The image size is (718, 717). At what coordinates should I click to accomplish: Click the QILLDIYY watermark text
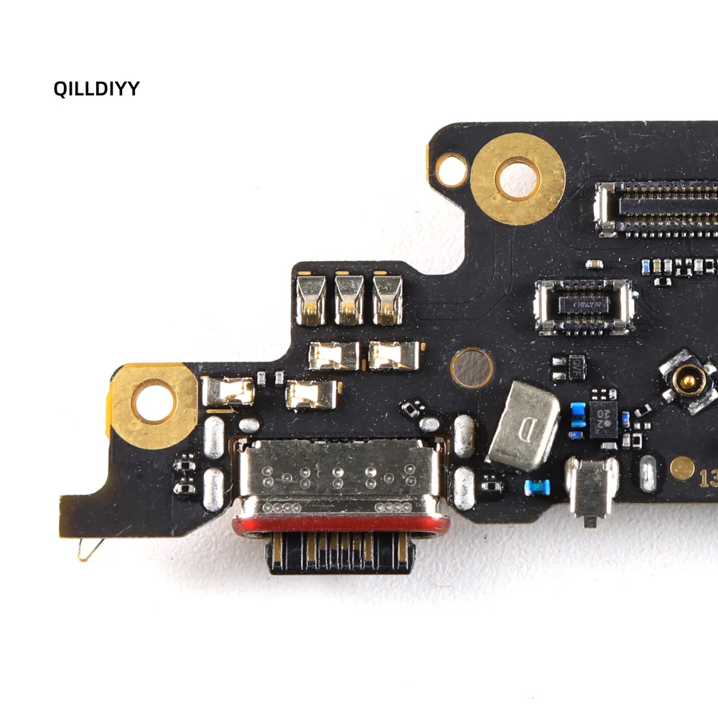[x=96, y=88]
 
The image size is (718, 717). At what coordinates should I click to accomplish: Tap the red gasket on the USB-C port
[x=340, y=525]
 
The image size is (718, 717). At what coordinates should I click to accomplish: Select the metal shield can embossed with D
[x=523, y=425]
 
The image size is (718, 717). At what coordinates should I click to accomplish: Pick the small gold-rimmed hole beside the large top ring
[x=452, y=169]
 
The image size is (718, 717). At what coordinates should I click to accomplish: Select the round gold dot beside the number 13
[x=681, y=468]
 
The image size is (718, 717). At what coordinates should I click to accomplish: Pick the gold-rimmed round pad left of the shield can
[x=471, y=367]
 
